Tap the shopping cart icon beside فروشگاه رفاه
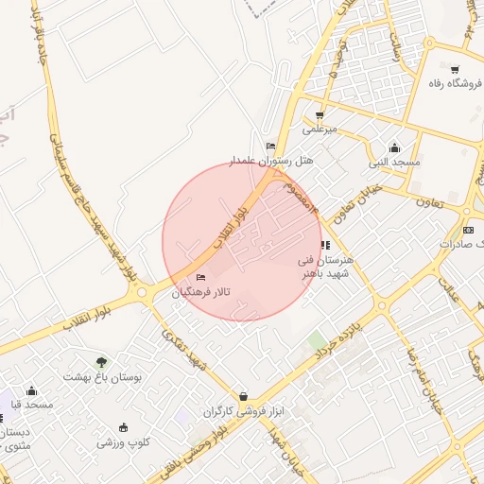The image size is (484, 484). coord(455,69)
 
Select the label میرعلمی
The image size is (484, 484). coord(320,128)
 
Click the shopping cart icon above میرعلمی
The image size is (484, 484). coord(320,114)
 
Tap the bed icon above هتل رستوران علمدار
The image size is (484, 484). coord(271,147)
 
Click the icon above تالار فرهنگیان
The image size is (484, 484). coord(199,278)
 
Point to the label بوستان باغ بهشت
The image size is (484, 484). coord(101,376)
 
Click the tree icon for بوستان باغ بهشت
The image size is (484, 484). coord(101,361)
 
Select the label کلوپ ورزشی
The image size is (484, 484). coord(123,441)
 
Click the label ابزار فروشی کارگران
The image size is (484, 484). coord(243,411)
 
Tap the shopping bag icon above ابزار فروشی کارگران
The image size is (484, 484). coord(244,396)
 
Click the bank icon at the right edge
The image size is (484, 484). coord(469,230)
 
